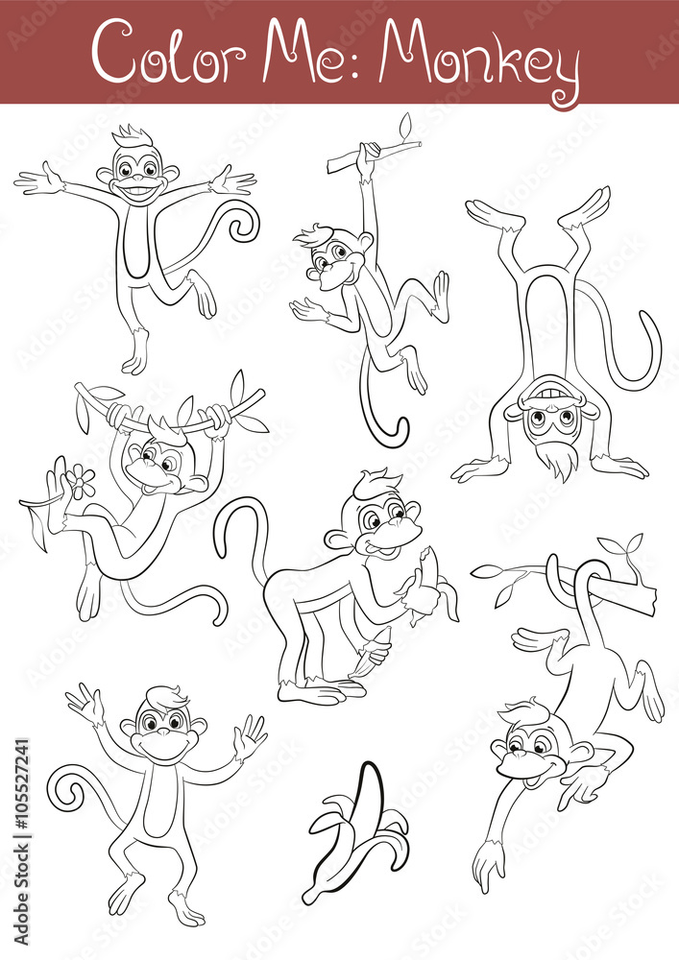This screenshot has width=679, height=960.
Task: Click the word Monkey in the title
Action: click(478, 56)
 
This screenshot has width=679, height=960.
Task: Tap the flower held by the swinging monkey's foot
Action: click(81, 481)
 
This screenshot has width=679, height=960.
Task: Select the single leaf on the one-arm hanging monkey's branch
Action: click(405, 125)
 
